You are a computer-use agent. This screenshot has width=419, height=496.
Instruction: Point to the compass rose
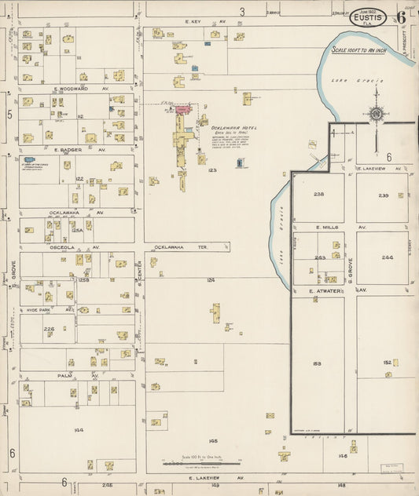tap(376, 115)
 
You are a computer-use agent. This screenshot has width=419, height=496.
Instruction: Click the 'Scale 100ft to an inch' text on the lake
tap(360, 50)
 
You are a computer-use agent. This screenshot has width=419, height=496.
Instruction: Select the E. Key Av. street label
tap(194, 22)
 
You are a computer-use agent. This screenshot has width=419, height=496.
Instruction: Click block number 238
tap(318, 194)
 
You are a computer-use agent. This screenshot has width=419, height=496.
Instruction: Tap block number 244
tap(387, 257)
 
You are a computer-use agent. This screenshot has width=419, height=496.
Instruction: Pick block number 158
tap(318, 363)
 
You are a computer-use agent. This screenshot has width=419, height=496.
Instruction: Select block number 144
tap(79, 429)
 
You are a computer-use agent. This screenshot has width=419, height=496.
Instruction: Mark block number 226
tap(49, 329)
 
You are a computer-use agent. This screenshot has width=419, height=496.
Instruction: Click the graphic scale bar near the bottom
tap(194, 463)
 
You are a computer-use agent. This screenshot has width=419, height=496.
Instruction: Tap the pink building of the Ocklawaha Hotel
tap(182, 111)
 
